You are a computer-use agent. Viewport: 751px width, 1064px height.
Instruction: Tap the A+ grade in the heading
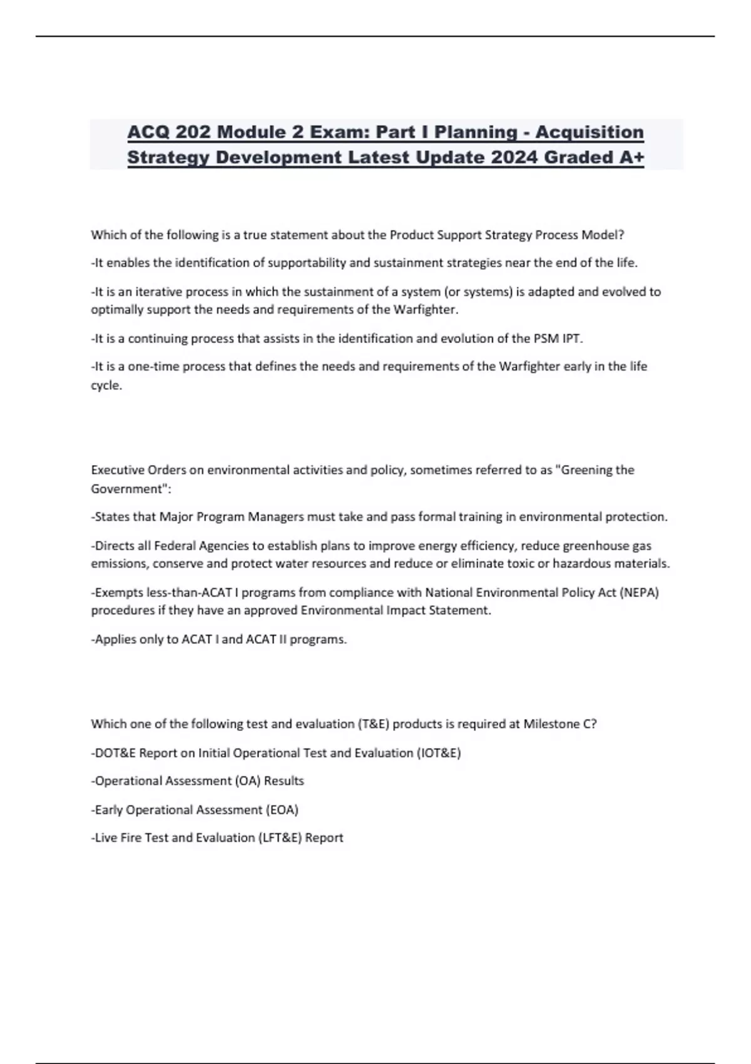pos(630,157)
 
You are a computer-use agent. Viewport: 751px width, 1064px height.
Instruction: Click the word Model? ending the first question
pos(603,235)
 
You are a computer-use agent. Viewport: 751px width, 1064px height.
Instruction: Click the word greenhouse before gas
pos(595,546)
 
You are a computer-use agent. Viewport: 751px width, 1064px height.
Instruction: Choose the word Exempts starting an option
pos(117,592)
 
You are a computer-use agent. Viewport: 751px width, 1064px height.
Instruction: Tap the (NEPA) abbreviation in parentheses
pos(639,592)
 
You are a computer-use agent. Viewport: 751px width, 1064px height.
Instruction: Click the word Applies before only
pos(113,640)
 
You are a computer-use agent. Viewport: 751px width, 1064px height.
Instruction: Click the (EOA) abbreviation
pos(282,810)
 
